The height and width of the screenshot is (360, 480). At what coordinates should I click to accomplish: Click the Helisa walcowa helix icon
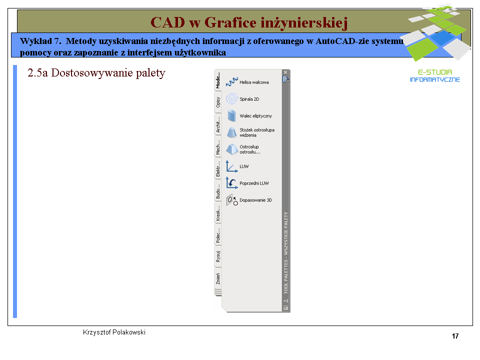point(231,81)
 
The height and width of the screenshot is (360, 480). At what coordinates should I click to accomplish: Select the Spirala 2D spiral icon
point(231,99)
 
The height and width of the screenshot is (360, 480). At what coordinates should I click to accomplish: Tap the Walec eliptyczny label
point(255,116)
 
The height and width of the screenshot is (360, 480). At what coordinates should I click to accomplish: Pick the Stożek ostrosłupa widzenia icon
point(231,132)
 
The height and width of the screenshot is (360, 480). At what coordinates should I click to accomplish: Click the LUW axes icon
point(231,166)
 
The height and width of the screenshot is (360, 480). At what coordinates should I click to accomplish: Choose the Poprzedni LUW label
point(254,183)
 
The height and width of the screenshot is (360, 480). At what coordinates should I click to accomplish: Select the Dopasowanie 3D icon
point(231,200)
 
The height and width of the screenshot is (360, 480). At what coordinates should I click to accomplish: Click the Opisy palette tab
point(218,102)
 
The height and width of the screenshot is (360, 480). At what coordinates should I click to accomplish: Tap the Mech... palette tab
point(218,147)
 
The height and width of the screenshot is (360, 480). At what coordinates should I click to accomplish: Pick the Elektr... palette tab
point(218,169)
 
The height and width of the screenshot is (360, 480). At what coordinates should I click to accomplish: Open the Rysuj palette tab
point(218,256)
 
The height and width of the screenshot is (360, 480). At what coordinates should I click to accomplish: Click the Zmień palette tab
point(218,278)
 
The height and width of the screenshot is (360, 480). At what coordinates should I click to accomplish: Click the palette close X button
point(285,72)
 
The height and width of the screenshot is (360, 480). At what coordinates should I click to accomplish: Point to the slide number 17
point(455,336)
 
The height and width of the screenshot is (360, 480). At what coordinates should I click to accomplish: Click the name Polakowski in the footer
point(129,332)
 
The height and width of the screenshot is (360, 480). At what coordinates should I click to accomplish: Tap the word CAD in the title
point(168,22)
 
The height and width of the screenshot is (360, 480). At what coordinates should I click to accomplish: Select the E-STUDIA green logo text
point(434,72)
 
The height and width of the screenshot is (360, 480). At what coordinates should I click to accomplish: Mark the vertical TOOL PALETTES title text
point(286,253)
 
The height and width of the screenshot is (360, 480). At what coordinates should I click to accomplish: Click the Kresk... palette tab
point(218,213)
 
